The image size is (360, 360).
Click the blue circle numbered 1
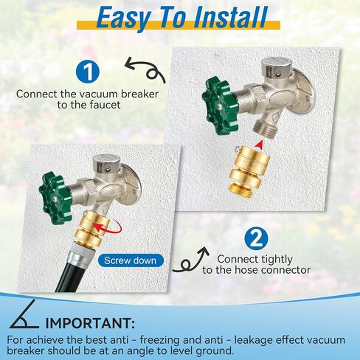88,72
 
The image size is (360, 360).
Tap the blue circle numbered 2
256,238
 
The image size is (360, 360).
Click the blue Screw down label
131,260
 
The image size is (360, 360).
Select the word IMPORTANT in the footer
90,323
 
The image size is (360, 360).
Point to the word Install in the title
230,18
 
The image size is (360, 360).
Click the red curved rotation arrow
109,227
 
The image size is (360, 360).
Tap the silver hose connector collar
81,252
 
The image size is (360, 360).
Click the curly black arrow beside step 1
145,71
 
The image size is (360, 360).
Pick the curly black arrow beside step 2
190,260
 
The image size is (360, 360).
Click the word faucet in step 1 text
105,105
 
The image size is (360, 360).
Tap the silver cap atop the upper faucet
277,66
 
